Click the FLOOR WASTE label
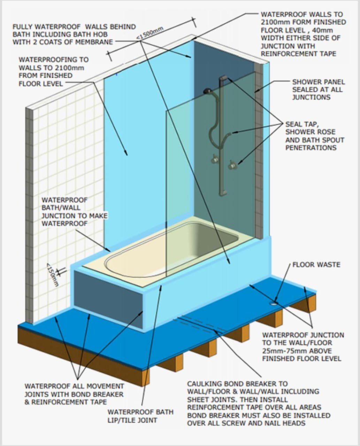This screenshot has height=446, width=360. coord(316,265)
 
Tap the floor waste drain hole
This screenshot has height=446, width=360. coord(275,303)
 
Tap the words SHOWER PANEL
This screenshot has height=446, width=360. coord(318,82)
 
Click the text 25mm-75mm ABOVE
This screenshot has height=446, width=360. coord(297,351)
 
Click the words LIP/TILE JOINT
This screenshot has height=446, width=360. coord(132,420)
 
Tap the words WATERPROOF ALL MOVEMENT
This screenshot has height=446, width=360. coord(74,386)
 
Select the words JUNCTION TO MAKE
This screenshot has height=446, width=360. coord(75,216)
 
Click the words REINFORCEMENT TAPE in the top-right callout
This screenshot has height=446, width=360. coord(298,54)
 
